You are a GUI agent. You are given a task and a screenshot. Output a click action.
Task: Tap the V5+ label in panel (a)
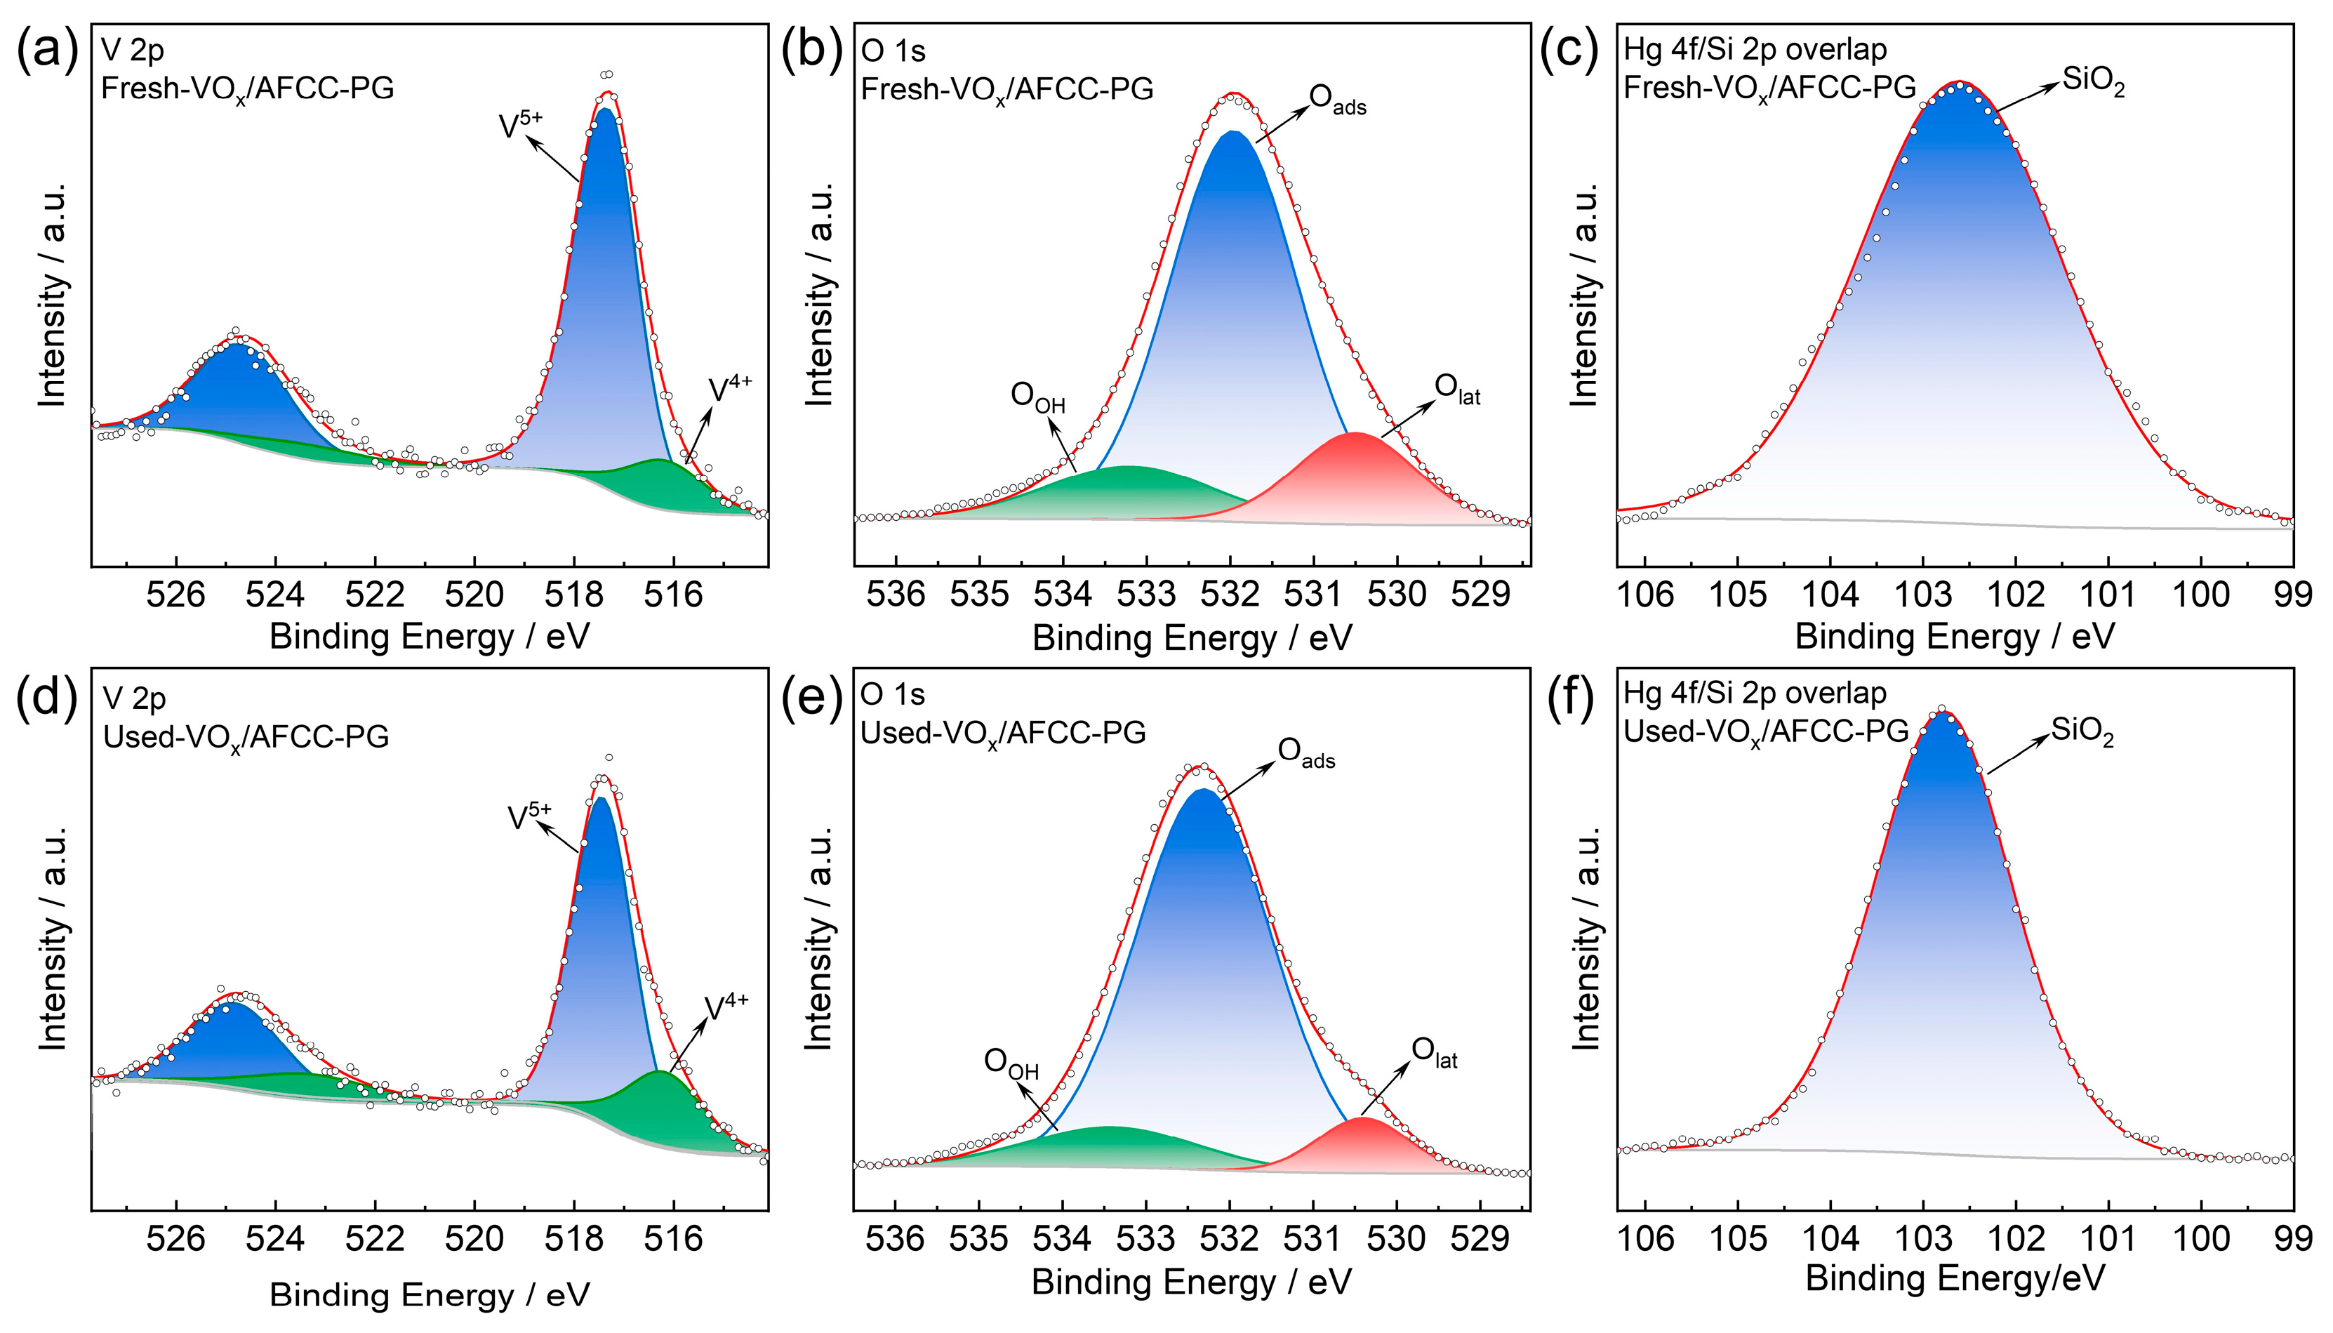tap(521, 126)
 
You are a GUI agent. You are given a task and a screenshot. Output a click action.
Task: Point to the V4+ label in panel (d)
tap(726, 1007)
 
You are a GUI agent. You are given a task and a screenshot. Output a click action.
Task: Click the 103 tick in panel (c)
tap(1924, 595)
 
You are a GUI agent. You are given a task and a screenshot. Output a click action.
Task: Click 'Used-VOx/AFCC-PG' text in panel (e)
tap(1003, 734)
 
